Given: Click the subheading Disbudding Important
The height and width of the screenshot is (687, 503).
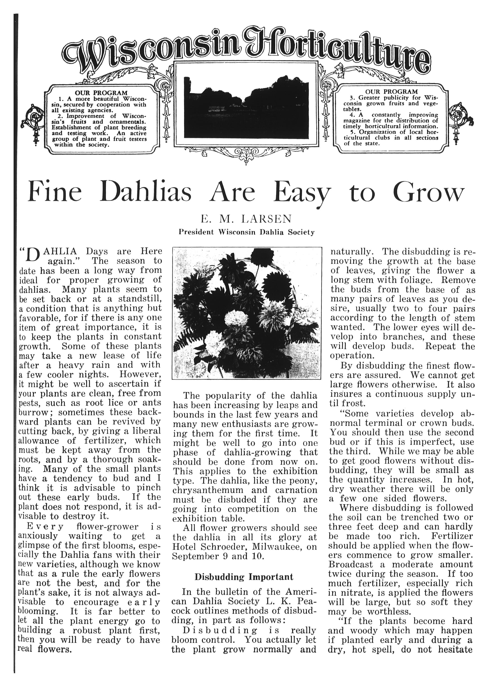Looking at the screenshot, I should point(244,577).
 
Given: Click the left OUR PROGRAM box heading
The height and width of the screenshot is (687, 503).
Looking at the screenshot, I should point(101,92).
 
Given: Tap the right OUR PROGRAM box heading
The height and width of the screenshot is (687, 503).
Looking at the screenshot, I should point(391,92).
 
